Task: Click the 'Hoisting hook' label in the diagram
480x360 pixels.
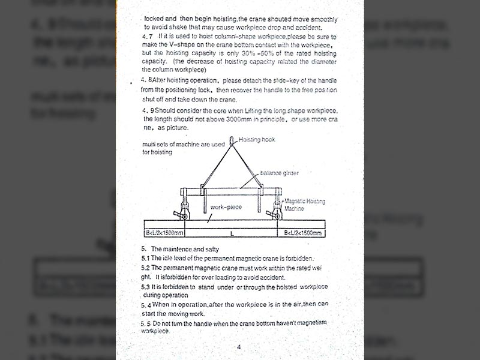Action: click(x=257, y=139)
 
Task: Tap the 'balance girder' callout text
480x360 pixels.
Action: click(x=279, y=173)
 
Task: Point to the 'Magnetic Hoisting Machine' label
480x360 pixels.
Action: click(x=304, y=205)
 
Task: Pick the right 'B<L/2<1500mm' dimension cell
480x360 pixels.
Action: click(x=301, y=233)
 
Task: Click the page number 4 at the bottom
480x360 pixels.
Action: click(x=238, y=347)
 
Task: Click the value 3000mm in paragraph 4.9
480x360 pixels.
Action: click(x=233, y=119)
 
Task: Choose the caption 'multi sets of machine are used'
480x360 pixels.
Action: click(x=183, y=145)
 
